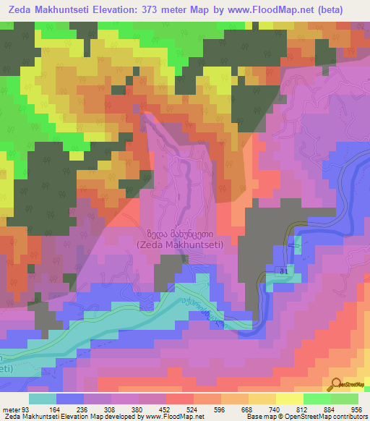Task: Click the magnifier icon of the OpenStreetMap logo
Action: pyautogui.click(x=337, y=383)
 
